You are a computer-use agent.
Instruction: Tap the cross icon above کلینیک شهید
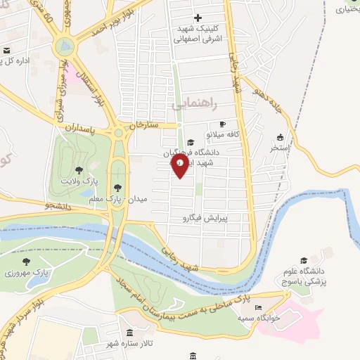[198, 18]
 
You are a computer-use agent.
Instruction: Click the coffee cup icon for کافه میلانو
[222, 124]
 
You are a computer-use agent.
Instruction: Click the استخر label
[281, 148]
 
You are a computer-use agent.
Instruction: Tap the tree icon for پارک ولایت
[79, 170]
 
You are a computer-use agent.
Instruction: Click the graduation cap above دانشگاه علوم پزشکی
[304, 261]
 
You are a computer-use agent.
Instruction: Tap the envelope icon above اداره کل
[6, 51]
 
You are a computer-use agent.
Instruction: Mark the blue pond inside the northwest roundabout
[66, 47]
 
